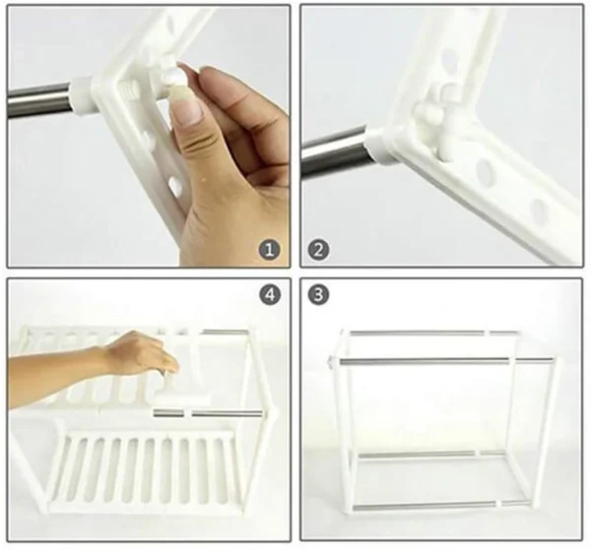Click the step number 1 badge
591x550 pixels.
(270, 250)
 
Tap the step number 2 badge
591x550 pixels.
(318, 250)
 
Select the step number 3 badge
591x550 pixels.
(318, 294)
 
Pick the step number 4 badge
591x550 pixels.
(270, 294)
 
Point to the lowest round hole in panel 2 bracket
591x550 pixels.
(540, 210)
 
